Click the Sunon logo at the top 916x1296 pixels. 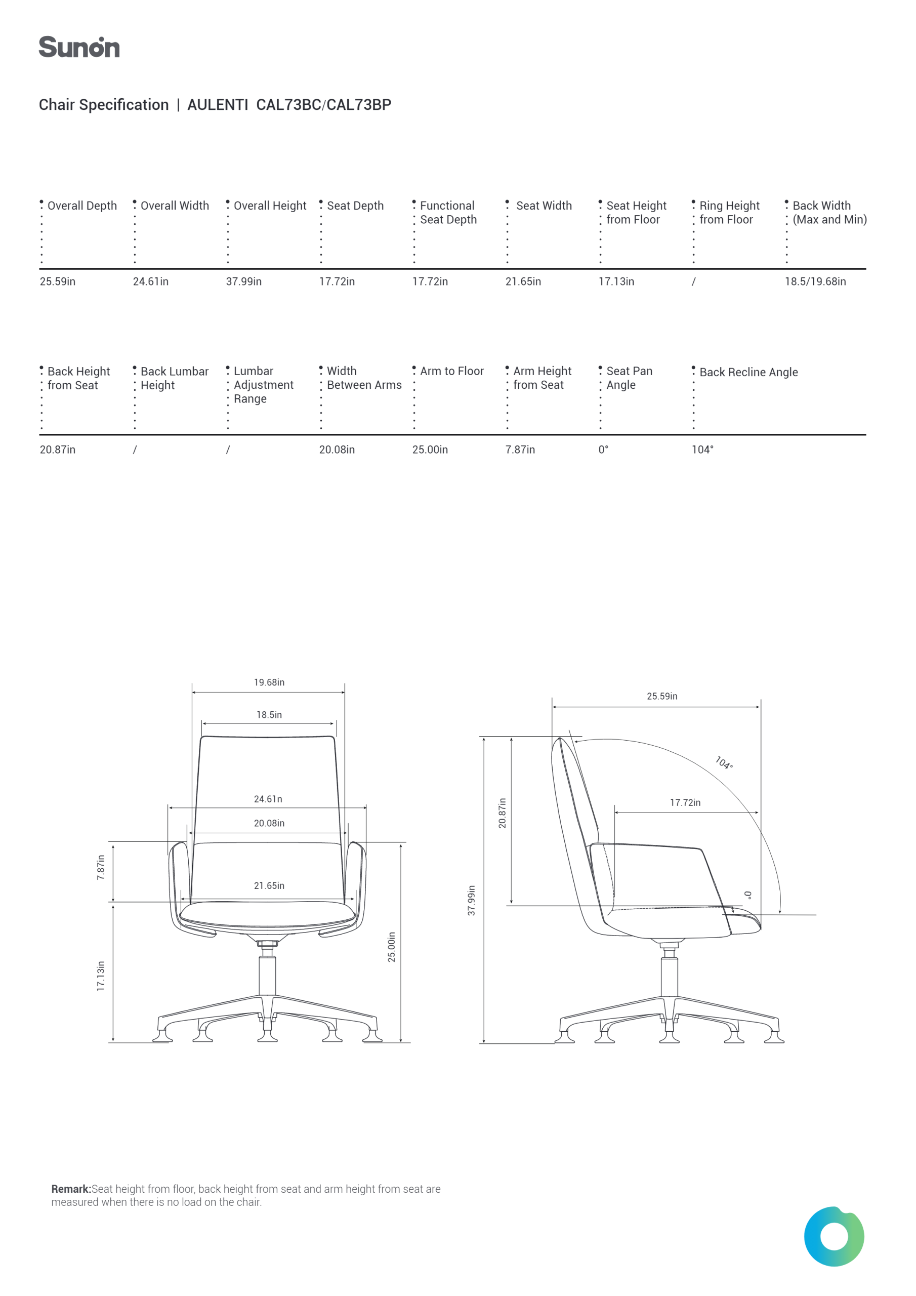[79, 47]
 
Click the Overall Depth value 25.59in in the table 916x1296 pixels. [58, 281]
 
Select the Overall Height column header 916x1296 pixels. [270, 206]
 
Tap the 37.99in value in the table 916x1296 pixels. [244, 281]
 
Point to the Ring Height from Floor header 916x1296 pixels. [729, 212]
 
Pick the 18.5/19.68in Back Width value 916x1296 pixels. [815, 281]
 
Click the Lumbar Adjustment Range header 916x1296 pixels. [264, 384]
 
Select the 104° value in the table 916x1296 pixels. [702, 450]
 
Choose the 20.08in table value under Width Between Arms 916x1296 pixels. [337, 450]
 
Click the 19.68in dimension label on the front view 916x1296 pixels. [269, 682]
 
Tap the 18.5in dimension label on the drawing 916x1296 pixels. [269, 715]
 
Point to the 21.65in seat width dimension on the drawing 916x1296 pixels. [269, 885]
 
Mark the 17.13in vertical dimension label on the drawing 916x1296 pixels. [101, 976]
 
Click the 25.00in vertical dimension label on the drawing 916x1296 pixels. [392, 947]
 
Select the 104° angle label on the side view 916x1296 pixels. [724, 762]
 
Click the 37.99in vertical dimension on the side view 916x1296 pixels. [472, 900]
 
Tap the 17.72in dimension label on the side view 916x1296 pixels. [685, 803]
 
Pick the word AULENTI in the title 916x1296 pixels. [218, 105]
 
